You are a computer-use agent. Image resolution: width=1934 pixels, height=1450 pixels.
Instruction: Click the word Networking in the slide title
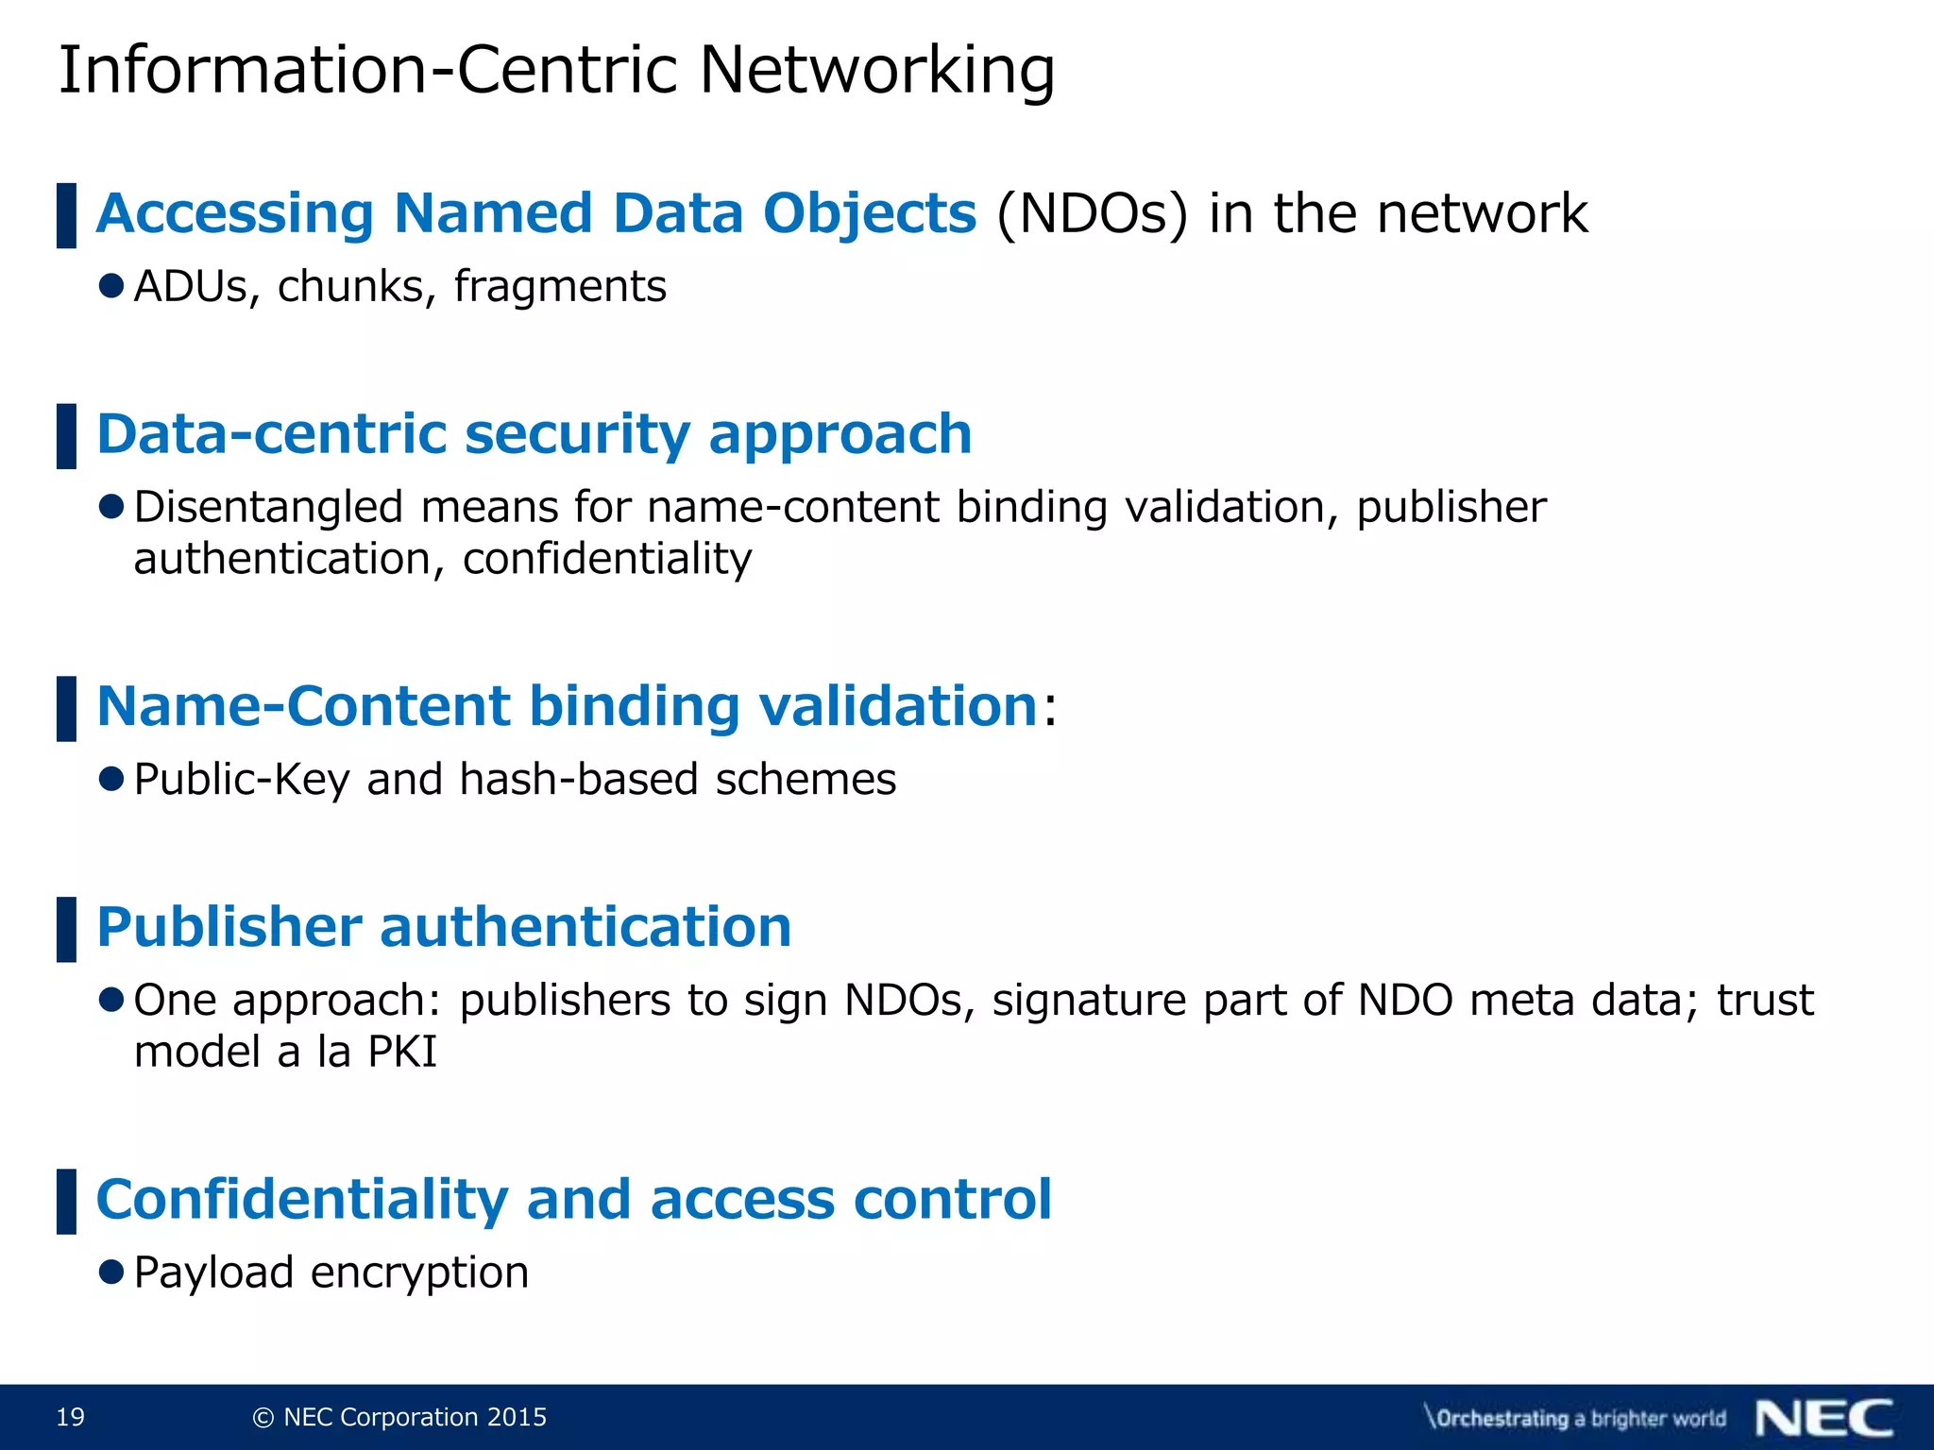tap(876, 72)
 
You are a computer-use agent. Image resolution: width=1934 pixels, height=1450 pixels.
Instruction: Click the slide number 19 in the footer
tap(71, 1417)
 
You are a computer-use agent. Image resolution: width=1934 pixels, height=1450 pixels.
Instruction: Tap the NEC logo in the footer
tap(1824, 1418)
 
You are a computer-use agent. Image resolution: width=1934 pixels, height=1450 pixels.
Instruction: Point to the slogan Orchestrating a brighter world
tap(1575, 1418)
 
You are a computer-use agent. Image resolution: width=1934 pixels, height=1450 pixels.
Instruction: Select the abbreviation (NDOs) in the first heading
tap(1091, 214)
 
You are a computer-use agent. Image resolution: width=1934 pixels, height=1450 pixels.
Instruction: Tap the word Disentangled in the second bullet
tap(268, 507)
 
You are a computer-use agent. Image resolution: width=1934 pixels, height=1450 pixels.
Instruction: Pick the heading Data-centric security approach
tap(534, 434)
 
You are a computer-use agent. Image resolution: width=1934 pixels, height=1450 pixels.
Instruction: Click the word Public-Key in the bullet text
tap(242, 780)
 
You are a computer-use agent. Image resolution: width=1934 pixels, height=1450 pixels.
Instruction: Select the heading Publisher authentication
tap(444, 927)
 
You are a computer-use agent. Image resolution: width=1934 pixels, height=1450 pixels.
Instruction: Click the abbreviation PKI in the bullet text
tap(402, 1052)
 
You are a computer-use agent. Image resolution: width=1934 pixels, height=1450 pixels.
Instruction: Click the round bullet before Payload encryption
tap(111, 1272)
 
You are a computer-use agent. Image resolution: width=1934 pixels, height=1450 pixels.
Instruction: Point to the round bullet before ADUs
tap(111, 286)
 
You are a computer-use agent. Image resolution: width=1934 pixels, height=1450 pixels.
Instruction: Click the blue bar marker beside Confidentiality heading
tap(66, 1201)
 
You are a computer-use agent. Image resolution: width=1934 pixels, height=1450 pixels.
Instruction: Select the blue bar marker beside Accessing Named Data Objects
tap(66, 215)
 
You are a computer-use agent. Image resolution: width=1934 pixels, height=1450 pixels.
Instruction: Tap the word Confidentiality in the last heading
tap(302, 1200)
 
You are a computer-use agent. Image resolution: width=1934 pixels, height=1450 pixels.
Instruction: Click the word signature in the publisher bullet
tap(1088, 1001)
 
